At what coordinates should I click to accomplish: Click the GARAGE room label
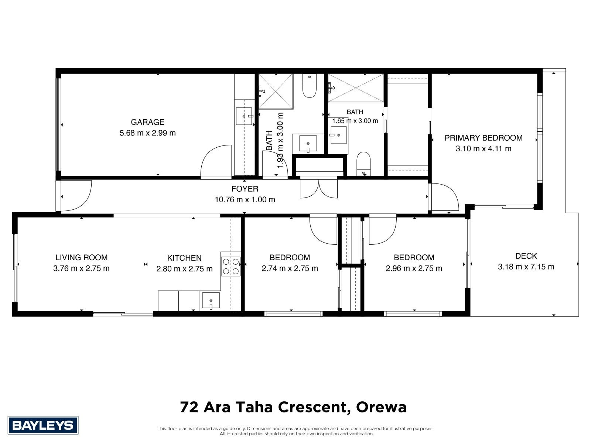coord(147,122)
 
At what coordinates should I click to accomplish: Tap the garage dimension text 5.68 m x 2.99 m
coord(147,133)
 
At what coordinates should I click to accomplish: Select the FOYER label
coord(245,189)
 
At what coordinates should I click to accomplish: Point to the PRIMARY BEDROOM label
coord(483,138)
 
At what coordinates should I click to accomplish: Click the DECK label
coord(526,256)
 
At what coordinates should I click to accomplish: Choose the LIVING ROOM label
coord(81,257)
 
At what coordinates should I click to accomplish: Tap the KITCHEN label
coord(184,258)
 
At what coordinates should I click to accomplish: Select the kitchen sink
coord(211,301)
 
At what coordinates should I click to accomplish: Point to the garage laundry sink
coord(244,116)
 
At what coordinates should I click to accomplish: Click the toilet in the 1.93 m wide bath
coord(310,86)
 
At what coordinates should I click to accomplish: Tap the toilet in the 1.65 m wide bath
coord(363,164)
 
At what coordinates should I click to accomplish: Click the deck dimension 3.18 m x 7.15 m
coord(526,267)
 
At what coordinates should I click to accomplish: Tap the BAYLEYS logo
coord(43,425)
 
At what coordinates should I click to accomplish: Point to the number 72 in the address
coord(189,407)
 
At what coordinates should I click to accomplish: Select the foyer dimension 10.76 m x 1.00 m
coord(245,200)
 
